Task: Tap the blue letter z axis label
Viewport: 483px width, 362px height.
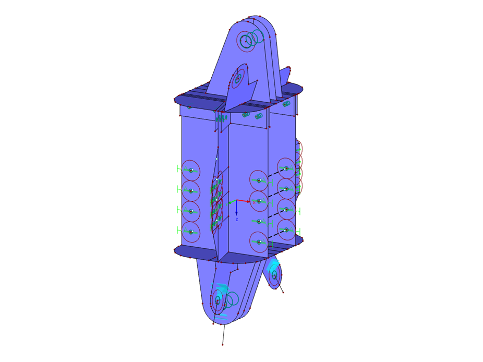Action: [x=236, y=220]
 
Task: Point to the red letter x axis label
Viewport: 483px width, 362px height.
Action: [x=254, y=201]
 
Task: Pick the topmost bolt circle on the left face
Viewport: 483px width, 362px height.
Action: [x=191, y=171]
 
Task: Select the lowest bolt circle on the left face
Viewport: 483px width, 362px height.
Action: [x=191, y=231]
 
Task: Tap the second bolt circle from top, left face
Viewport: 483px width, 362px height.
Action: [x=191, y=191]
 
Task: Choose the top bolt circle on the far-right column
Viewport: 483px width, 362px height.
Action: [x=286, y=168]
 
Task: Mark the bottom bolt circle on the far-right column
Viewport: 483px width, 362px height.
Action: [x=286, y=229]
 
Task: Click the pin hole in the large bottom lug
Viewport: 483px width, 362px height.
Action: [x=218, y=300]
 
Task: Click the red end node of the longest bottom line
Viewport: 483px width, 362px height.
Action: [x=223, y=345]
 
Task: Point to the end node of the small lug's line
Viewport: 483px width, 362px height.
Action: [x=284, y=292]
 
